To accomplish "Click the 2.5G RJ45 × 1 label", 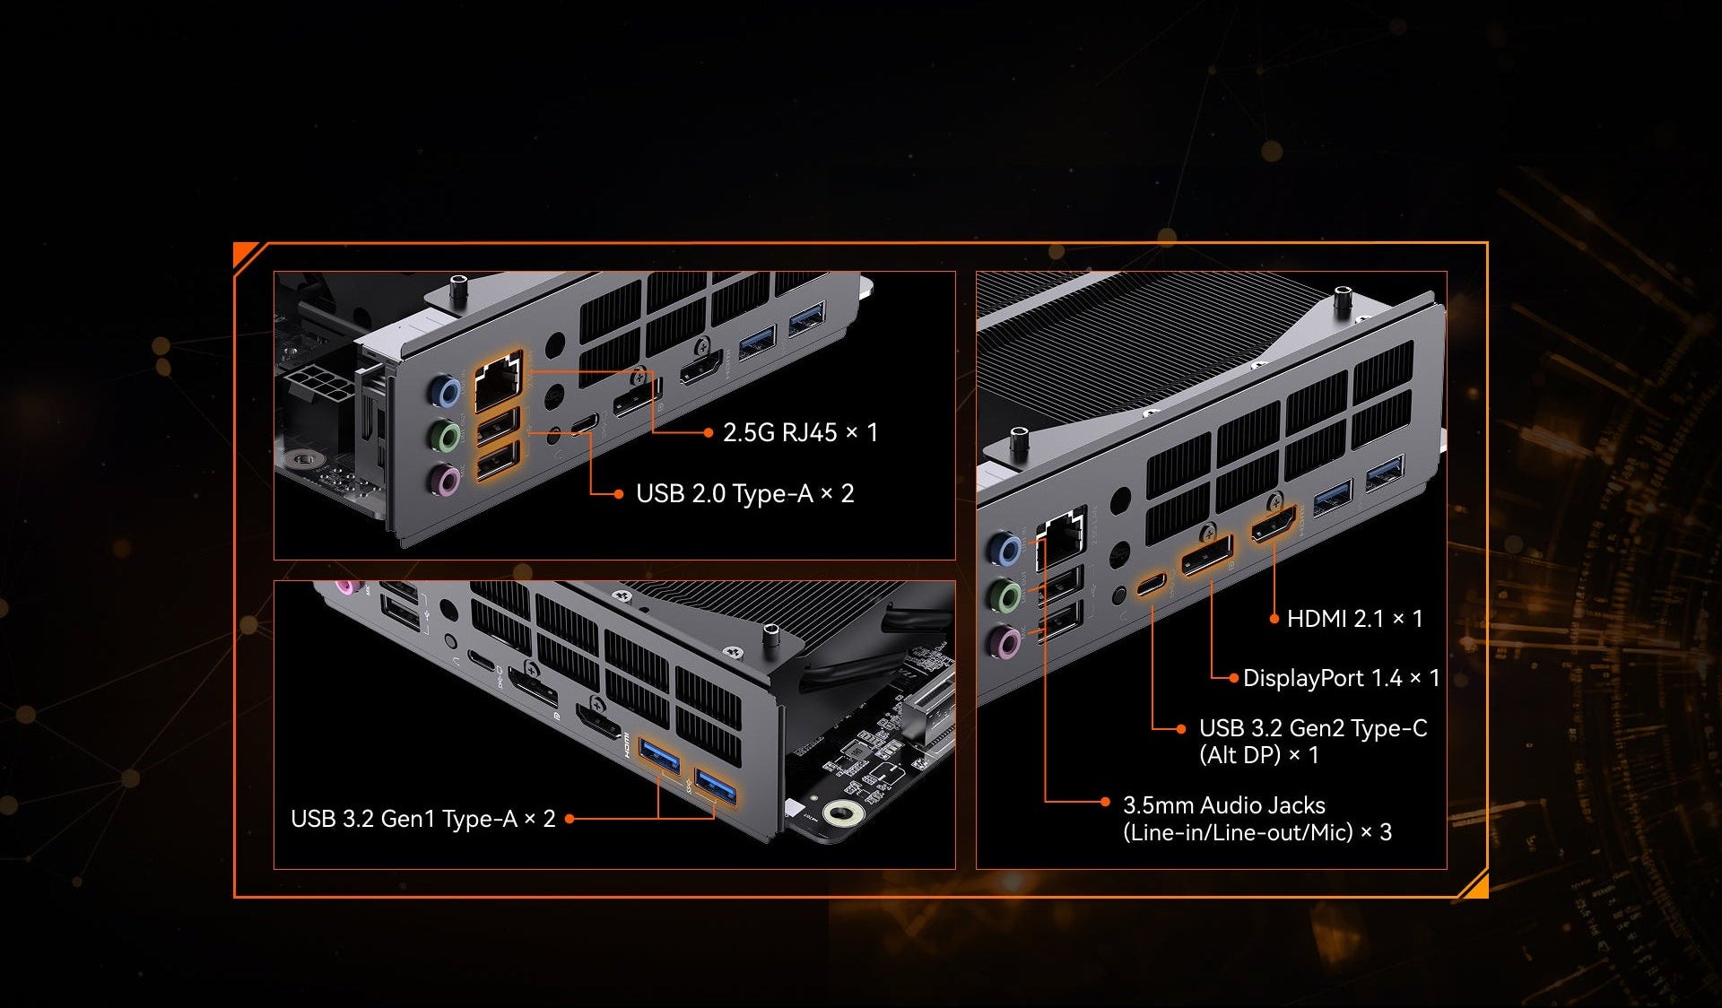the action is (x=800, y=432).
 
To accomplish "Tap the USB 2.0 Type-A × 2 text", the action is (x=744, y=493).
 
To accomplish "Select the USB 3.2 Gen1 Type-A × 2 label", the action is (x=423, y=819).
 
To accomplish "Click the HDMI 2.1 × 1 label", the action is (x=1354, y=619).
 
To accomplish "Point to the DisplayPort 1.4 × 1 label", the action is (x=1341, y=678).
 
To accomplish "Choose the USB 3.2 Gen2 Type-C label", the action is (x=1313, y=728).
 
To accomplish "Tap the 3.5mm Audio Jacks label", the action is (x=1224, y=805).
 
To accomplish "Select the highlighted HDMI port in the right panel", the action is (x=1274, y=524).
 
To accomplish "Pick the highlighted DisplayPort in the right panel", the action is (x=1207, y=555).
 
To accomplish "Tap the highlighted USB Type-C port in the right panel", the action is (x=1152, y=585).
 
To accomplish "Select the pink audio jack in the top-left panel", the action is (x=446, y=480).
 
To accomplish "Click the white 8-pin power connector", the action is (x=318, y=387).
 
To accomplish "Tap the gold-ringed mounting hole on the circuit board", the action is (x=843, y=814).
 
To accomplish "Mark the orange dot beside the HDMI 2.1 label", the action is (x=1274, y=619).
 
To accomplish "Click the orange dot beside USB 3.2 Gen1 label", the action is (x=570, y=819).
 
